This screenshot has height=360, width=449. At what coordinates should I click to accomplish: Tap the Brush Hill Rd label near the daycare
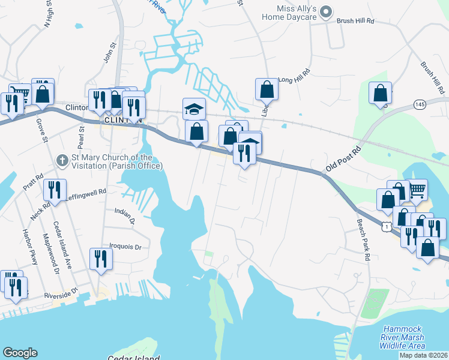pyautogui.click(x=355, y=20)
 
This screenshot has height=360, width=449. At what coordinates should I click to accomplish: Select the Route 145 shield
pyautogui.click(x=420, y=105)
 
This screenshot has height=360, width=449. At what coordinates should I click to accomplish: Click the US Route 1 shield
pyautogui.click(x=387, y=226)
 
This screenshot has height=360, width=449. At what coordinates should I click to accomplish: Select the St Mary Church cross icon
pyautogui.click(x=61, y=160)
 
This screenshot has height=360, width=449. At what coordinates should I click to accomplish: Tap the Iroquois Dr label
pyautogui.click(x=125, y=247)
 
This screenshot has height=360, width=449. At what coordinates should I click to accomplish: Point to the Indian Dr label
pyautogui.click(x=125, y=214)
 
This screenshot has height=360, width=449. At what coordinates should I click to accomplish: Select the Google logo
pyautogui.click(x=19, y=353)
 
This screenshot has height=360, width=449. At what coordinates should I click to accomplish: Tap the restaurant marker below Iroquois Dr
pyautogui.click(x=100, y=259)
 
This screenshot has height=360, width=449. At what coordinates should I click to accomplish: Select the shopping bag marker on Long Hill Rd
pyautogui.click(x=267, y=89)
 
